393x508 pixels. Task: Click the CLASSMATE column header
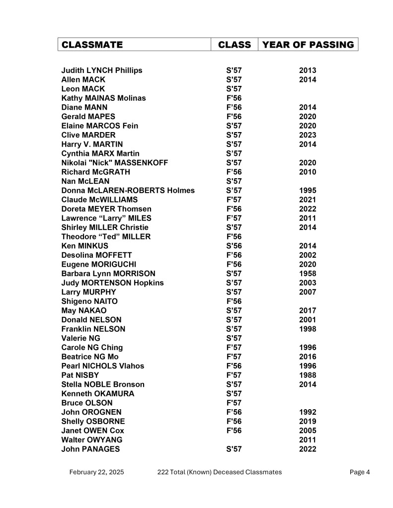click(92, 45)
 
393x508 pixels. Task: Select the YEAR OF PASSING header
click(308, 45)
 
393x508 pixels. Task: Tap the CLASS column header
click(234, 45)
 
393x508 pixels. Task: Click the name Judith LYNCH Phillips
click(101, 71)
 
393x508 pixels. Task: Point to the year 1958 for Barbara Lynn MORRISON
click(308, 274)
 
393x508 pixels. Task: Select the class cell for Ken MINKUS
click(234, 246)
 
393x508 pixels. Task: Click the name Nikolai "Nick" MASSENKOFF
click(114, 163)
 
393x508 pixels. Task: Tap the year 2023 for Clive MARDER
click(308, 135)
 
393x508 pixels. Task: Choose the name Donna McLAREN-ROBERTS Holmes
click(128, 191)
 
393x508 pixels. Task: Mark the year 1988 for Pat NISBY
click(308, 375)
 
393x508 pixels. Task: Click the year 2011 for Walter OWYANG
click(308, 440)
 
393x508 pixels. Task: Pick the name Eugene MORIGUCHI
click(98, 264)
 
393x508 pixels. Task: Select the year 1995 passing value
click(308, 191)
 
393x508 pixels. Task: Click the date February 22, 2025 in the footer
click(96, 472)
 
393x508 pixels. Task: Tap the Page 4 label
click(360, 472)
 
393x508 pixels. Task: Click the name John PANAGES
click(90, 449)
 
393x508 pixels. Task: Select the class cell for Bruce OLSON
click(234, 403)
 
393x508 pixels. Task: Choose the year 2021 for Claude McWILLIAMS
click(308, 200)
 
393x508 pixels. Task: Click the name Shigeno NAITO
click(89, 301)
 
